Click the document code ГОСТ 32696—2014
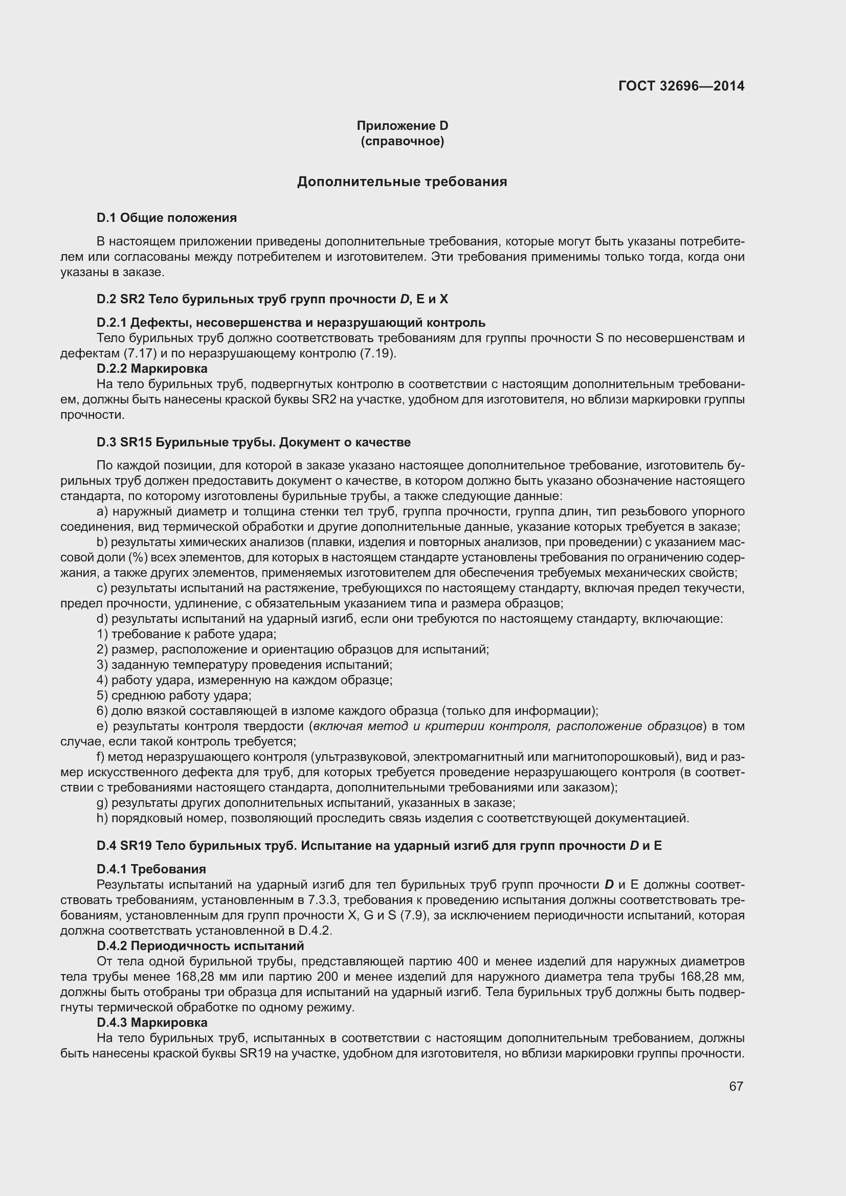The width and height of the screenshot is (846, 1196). [681, 86]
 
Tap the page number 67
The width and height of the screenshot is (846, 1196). [736, 1086]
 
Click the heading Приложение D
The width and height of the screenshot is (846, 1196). [402, 126]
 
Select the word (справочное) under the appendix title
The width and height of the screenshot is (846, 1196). [402, 141]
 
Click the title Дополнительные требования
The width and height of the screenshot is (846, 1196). [402, 182]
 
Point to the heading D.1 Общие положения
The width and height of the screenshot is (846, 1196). [167, 218]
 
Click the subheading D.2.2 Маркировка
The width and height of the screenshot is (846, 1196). [152, 369]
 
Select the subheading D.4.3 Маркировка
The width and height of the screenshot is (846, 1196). [152, 1023]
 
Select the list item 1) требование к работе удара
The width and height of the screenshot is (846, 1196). [187, 635]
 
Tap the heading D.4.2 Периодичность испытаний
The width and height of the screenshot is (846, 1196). [200, 946]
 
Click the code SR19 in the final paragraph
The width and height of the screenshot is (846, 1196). [254, 1053]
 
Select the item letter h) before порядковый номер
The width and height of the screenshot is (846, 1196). [102, 818]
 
